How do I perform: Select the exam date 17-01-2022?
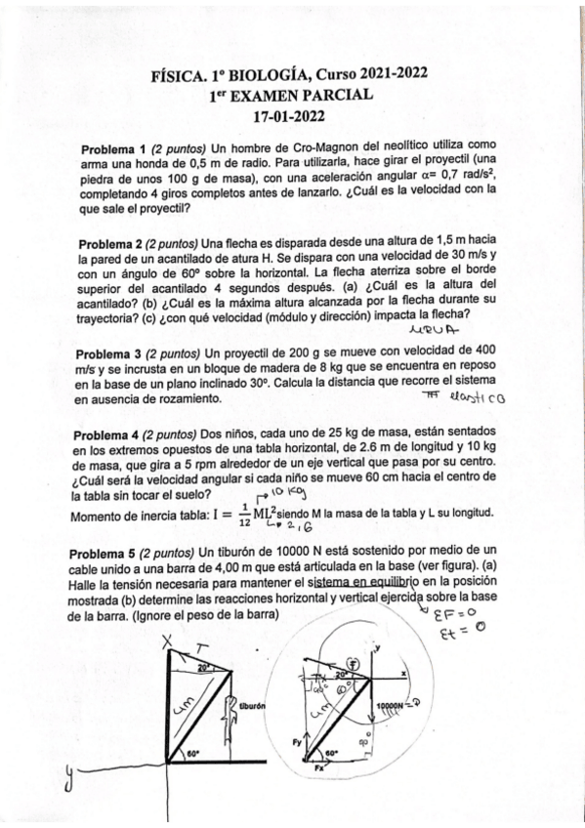point(292,114)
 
